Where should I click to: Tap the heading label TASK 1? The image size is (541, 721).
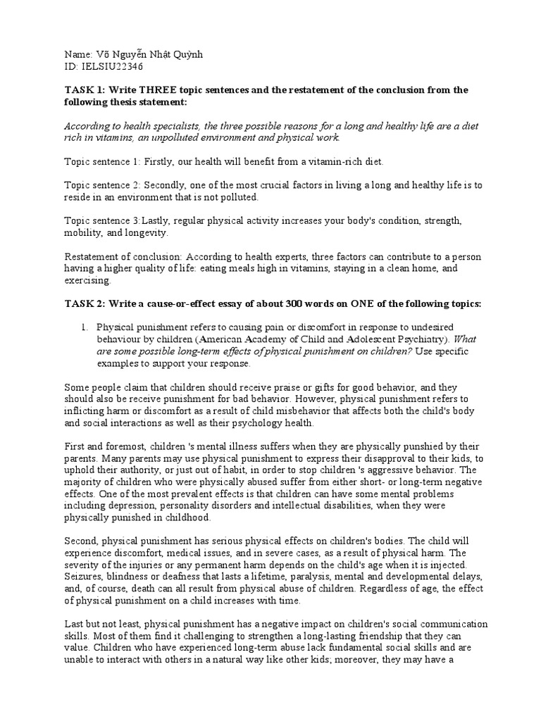tap(84, 91)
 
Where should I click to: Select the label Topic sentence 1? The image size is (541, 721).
tap(98, 163)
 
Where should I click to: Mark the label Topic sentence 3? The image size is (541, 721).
tap(98, 220)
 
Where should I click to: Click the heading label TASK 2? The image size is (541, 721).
tap(84, 303)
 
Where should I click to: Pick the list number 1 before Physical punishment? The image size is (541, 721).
tap(83, 328)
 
